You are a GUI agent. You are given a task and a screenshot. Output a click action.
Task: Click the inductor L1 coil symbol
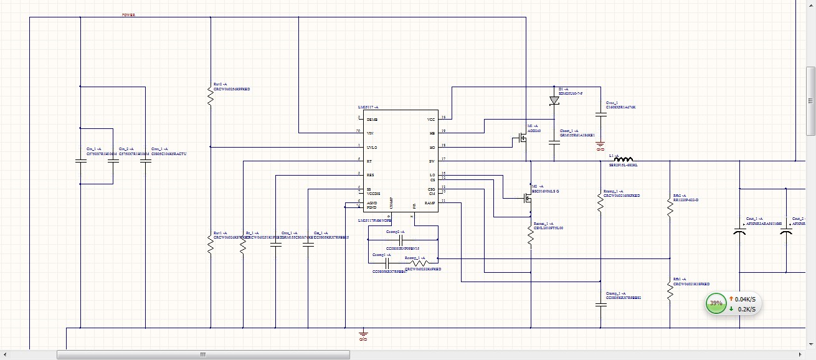[624, 159]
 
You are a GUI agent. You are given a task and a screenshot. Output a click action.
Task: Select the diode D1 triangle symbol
[554, 100]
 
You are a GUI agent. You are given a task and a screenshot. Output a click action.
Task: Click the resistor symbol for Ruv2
[211, 97]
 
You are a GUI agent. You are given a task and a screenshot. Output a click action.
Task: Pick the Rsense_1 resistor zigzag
[531, 235]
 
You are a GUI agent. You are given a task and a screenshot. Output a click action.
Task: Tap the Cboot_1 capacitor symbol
[554, 143]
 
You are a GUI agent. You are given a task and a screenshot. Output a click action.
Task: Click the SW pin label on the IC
[431, 161]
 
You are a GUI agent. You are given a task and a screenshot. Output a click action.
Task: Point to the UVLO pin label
[371, 147]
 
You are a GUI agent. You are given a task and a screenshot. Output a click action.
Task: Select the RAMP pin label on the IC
[430, 203]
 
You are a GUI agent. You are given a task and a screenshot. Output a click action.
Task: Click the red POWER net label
[129, 14]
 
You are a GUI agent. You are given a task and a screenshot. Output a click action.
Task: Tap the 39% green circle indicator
[716, 304]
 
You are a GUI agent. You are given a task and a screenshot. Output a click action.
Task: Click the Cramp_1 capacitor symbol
[600, 305]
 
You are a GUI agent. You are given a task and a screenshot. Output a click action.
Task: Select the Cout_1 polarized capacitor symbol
[739, 232]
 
